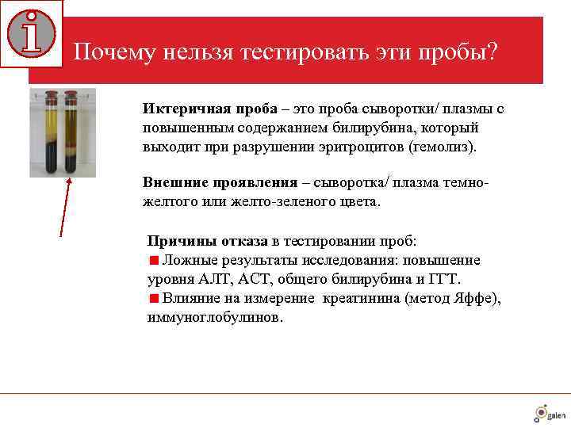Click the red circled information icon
click(x=32, y=33)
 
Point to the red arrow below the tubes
click(x=65, y=206)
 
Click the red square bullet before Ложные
click(x=154, y=260)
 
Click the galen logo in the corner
click(x=549, y=413)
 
